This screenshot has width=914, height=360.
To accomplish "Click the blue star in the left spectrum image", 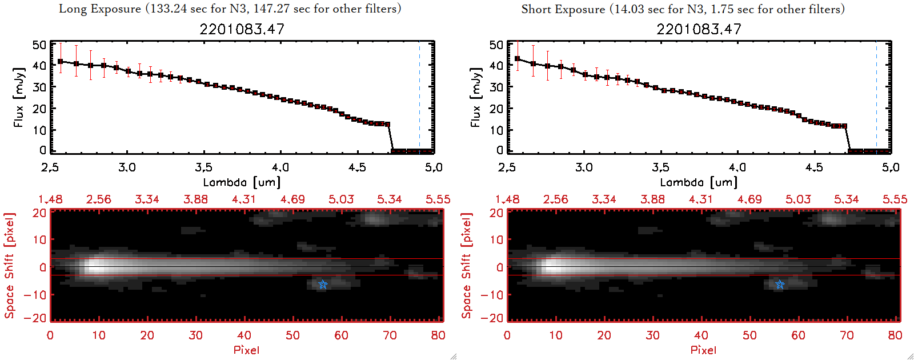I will click(323, 284).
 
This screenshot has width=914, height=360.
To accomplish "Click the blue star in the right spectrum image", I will click(780, 284).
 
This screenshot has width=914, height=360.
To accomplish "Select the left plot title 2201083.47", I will click(242, 29).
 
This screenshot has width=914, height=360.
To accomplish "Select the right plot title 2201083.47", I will click(699, 29).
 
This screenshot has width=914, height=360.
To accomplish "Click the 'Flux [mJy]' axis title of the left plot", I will click(19, 97).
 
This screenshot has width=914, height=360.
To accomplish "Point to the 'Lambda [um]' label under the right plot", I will click(699, 182).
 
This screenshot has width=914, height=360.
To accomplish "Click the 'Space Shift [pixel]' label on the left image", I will click(9, 265).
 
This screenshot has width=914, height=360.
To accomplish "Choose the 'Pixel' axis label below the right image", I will click(703, 350).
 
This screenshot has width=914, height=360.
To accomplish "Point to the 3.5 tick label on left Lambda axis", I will click(203, 167).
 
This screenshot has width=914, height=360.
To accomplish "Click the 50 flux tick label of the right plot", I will click(496, 45).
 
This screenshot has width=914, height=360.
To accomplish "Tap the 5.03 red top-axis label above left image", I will click(341, 199).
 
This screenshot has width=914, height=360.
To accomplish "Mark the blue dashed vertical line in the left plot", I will click(419, 97).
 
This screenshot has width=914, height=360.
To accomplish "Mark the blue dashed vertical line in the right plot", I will click(876, 97).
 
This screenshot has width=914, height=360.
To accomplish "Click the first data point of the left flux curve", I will click(61, 61).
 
